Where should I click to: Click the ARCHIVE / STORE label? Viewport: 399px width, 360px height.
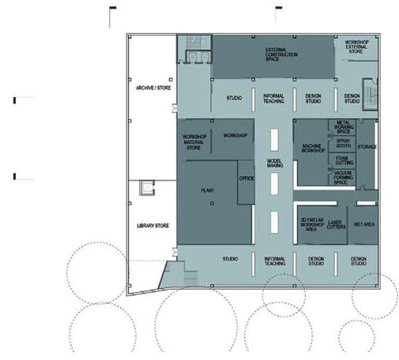153,88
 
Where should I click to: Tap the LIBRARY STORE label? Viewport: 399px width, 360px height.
153,226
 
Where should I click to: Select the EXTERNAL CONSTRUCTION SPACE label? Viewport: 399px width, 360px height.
281,55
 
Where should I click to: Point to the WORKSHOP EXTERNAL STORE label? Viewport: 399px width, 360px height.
356,47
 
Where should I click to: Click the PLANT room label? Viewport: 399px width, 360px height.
207,190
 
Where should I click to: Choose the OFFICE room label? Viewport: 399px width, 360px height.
246,179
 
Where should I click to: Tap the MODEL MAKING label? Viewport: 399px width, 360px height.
275,164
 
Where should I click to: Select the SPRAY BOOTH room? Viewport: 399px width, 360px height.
343,144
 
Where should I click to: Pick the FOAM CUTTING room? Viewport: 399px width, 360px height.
342,160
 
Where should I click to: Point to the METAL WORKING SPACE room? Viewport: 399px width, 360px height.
342,127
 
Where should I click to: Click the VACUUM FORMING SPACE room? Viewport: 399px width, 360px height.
342,178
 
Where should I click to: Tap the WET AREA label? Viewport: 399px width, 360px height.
364,224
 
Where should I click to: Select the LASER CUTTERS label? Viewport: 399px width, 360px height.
336,225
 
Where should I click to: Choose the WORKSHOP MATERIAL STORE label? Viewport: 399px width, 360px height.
194,142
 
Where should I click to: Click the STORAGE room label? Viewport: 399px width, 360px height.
367,147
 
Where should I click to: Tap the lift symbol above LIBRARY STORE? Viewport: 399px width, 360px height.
147,188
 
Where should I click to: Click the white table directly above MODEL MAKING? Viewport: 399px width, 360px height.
274,140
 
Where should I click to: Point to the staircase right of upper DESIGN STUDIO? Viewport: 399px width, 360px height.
370,94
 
